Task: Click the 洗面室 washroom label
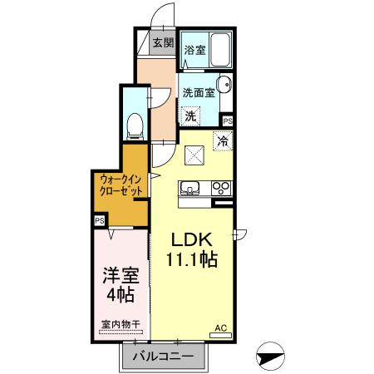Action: [x=199, y=94]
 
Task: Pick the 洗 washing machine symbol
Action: [x=191, y=116]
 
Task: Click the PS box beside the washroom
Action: [x=228, y=121]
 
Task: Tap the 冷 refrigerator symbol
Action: [x=222, y=140]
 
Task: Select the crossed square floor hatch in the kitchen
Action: [x=195, y=155]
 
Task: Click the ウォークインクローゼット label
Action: [x=120, y=185]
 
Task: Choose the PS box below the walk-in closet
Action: [x=99, y=220]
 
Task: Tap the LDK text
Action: [x=194, y=239]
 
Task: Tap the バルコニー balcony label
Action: [x=165, y=357]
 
